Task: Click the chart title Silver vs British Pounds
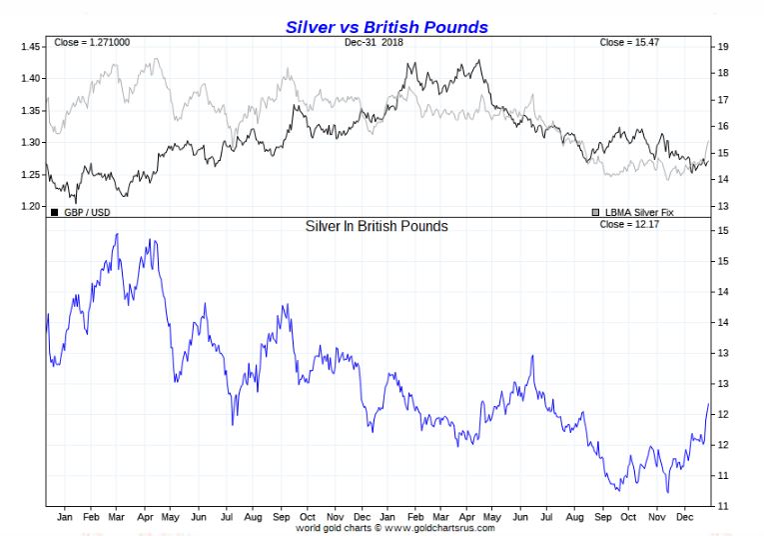(387, 27)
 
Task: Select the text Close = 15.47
(628, 42)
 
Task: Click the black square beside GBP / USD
(54, 212)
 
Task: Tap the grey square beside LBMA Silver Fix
(596, 212)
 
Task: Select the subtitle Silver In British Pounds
(377, 226)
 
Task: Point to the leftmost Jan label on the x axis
(64, 517)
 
